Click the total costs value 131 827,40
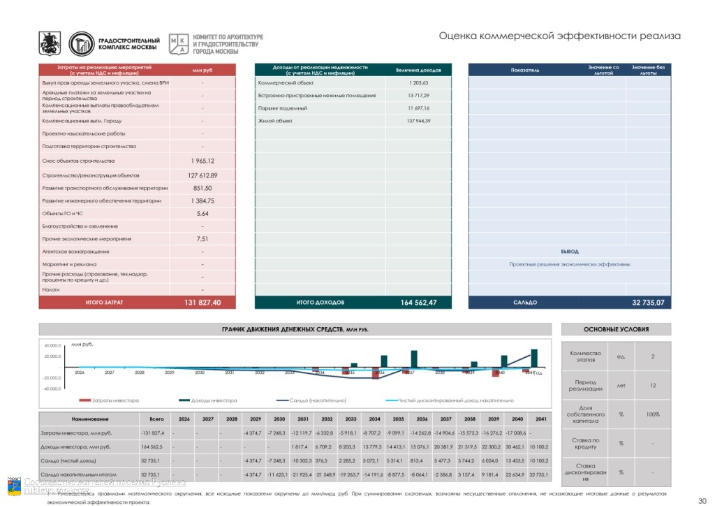pos(202,303)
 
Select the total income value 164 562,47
pos(418,303)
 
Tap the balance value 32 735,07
pos(647,303)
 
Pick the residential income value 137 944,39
pos(418,121)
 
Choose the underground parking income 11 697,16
pos(418,108)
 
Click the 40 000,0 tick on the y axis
pos(52,346)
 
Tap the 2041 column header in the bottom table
pos(540,419)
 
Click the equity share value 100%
pos(652,414)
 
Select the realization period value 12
pos(652,386)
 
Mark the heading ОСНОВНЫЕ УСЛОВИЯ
pos(616,329)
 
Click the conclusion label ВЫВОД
pos(569,252)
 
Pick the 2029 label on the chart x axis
pos(170,373)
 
